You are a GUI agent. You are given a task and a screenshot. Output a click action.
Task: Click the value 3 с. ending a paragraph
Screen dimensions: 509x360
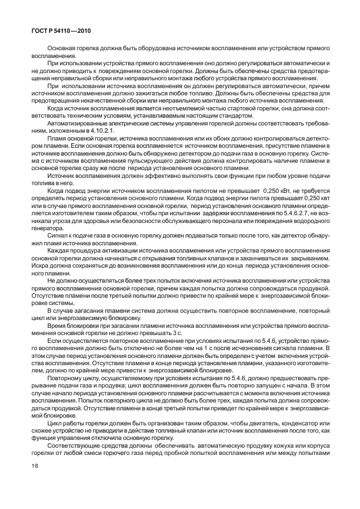click(177, 333)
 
